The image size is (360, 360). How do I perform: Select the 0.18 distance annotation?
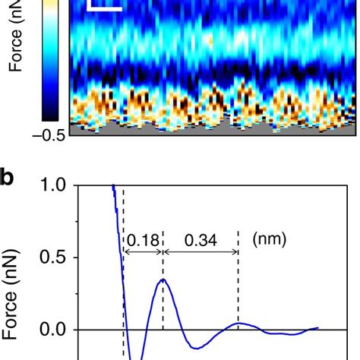coord(143,241)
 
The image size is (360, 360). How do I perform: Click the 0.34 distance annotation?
coord(201,241)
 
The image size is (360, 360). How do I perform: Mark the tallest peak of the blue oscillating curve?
coord(163,280)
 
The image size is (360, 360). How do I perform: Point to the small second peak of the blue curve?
coord(238,324)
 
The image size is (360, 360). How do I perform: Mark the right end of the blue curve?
coord(317,328)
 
